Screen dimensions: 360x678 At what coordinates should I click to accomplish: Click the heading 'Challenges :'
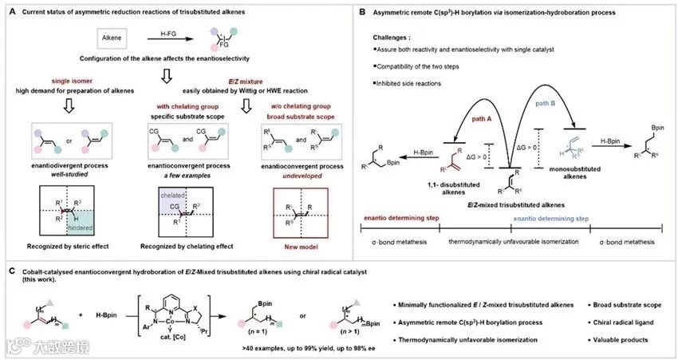394,37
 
